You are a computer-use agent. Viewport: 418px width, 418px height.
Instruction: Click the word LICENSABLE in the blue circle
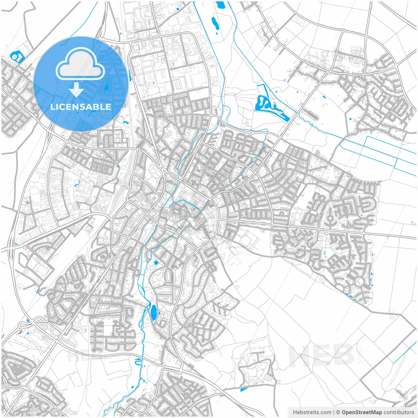(80, 107)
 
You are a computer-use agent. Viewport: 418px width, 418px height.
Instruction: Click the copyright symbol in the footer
(338, 412)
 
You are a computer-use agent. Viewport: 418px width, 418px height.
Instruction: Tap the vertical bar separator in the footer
(333, 412)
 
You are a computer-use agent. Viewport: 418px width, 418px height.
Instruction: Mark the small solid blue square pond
(155, 262)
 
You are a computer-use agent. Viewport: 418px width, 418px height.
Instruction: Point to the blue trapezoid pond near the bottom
(244, 390)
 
